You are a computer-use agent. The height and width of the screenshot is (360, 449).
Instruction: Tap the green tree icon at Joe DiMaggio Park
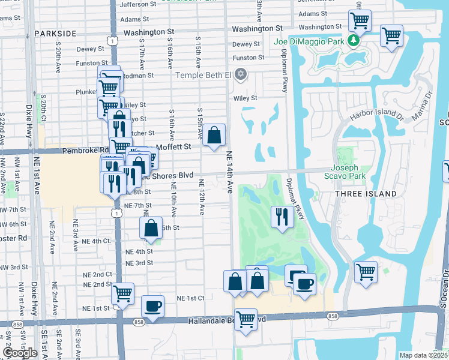click(354, 40)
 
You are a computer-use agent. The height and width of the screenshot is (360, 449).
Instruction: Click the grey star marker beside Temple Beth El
click(241, 74)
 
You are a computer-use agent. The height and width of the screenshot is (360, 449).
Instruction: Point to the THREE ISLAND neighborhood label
click(366, 193)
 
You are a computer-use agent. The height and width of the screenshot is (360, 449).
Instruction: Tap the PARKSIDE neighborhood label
click(55, 33)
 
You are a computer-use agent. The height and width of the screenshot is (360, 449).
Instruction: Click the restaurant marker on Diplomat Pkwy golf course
click(282, 217)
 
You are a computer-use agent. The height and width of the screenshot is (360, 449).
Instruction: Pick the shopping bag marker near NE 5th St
click(151, 227)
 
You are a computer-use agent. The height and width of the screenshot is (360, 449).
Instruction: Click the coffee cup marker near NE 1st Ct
click(152, 306)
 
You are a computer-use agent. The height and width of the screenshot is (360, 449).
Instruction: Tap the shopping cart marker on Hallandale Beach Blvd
click(246, 319)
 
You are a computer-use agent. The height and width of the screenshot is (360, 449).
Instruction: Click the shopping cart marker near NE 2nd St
click(122, 293)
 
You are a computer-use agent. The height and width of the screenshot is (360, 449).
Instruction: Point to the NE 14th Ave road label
click(229, 171)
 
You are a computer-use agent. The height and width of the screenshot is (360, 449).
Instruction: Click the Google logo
click(20, 353)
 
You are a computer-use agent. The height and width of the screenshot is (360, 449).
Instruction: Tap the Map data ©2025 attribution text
click(423, 355)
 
